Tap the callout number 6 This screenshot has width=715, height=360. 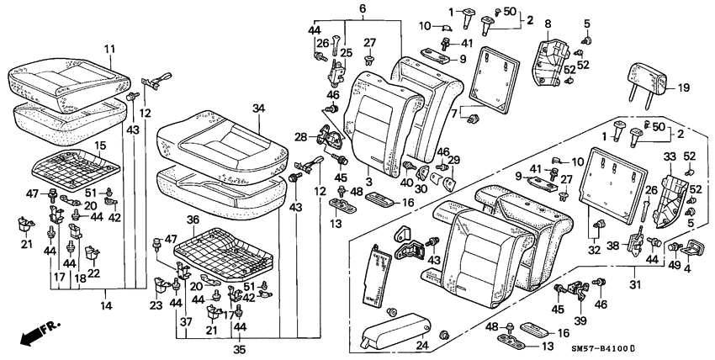pos(363,9)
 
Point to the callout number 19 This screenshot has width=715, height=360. pos(682,87)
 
